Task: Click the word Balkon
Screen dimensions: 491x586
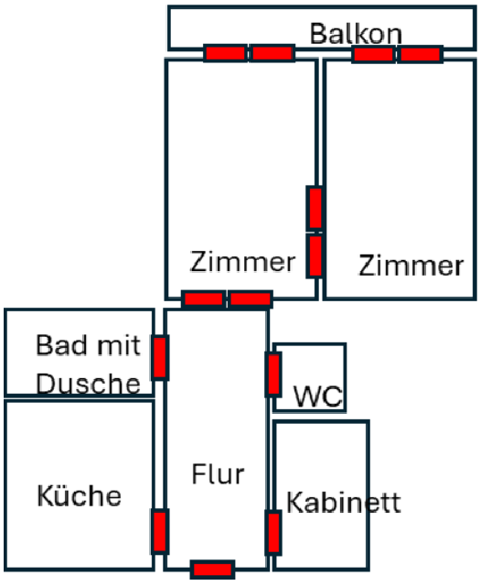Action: (x=357, y=34)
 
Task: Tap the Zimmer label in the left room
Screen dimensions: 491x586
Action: (x=242, y=262)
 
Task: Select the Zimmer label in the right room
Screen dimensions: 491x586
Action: (x=411, y=266)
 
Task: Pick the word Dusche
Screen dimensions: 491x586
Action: (x=89, y=384)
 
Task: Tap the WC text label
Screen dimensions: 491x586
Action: (x=318, y=396)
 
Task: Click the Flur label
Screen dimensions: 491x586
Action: (x=219, y=474)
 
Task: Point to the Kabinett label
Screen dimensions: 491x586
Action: (x=344, y=502)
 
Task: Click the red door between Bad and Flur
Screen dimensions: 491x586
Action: (x=160, y=358)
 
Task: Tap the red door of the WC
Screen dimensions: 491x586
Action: (x=273, y=374)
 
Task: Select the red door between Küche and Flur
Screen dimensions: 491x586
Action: (x=160, y=531)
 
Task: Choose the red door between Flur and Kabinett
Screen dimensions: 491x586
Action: (x=273, y=533)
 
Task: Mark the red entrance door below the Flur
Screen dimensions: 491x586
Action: (x=212, y=570)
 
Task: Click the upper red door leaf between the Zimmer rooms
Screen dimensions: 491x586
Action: (x=315, y=208)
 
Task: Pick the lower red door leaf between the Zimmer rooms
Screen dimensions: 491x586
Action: (x=315, y=255)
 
